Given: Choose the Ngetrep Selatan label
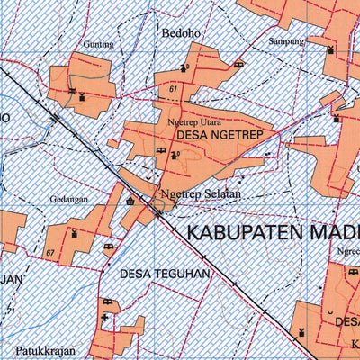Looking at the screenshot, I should point(196,193).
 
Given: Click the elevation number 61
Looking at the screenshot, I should point(172,90).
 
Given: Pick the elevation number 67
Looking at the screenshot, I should point(51,256).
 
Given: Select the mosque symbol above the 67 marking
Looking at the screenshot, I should point(74,233).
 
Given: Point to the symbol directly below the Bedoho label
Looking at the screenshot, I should point(185,67).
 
